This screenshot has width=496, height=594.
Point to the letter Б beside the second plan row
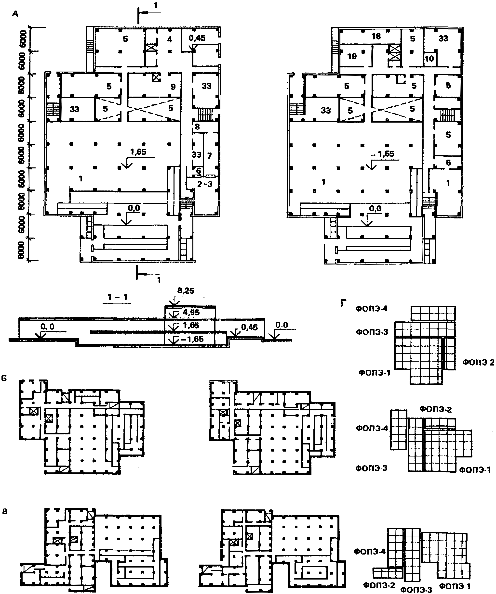coord(4,379)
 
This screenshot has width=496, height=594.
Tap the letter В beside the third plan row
coord(5,512)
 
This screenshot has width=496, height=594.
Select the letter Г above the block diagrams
coord(343,303)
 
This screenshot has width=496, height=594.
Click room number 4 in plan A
coord(169,39)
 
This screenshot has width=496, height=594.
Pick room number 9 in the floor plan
coord(173,87)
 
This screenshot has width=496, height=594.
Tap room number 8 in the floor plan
coord(197,127)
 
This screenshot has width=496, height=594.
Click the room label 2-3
coord(204,184)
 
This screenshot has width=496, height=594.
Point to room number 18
coord(376,36)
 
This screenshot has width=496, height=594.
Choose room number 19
coord(352,57)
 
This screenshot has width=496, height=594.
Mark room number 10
coord(429,59)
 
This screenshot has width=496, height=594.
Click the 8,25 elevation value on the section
coord(186,291)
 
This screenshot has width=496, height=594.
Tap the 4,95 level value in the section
coord(191,313)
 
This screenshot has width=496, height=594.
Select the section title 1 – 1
coord(118,297)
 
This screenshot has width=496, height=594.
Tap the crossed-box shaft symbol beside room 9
coord(156,77)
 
